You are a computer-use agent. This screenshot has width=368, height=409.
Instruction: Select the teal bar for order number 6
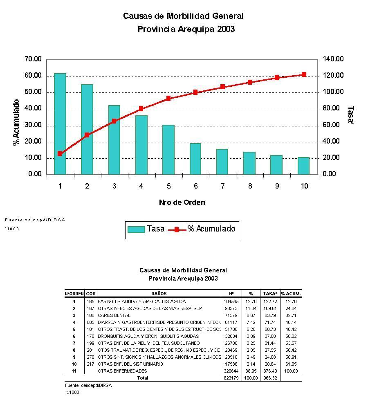195,159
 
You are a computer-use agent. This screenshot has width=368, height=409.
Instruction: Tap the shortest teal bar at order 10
303,166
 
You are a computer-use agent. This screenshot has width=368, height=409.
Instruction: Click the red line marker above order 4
141,109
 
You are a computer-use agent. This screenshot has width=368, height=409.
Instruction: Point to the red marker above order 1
60,154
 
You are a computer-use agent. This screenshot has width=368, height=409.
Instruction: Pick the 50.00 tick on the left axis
33,92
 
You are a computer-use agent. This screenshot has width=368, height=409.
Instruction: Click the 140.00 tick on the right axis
333,59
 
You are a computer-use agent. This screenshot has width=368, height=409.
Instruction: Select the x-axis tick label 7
222,186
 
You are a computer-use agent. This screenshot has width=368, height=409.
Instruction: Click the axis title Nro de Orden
182,202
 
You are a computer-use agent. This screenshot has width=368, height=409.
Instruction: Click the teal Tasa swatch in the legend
136,229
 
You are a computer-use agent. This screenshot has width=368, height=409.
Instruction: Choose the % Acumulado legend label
211,229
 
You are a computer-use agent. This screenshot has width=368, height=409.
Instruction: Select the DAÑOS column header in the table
159,294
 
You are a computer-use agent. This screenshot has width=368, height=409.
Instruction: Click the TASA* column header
270,294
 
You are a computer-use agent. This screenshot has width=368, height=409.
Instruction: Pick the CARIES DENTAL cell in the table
114,315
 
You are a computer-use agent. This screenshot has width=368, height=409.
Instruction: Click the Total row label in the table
143,378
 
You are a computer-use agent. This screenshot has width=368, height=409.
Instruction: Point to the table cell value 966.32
270,378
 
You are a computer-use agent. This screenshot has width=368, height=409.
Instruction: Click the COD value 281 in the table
91,350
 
